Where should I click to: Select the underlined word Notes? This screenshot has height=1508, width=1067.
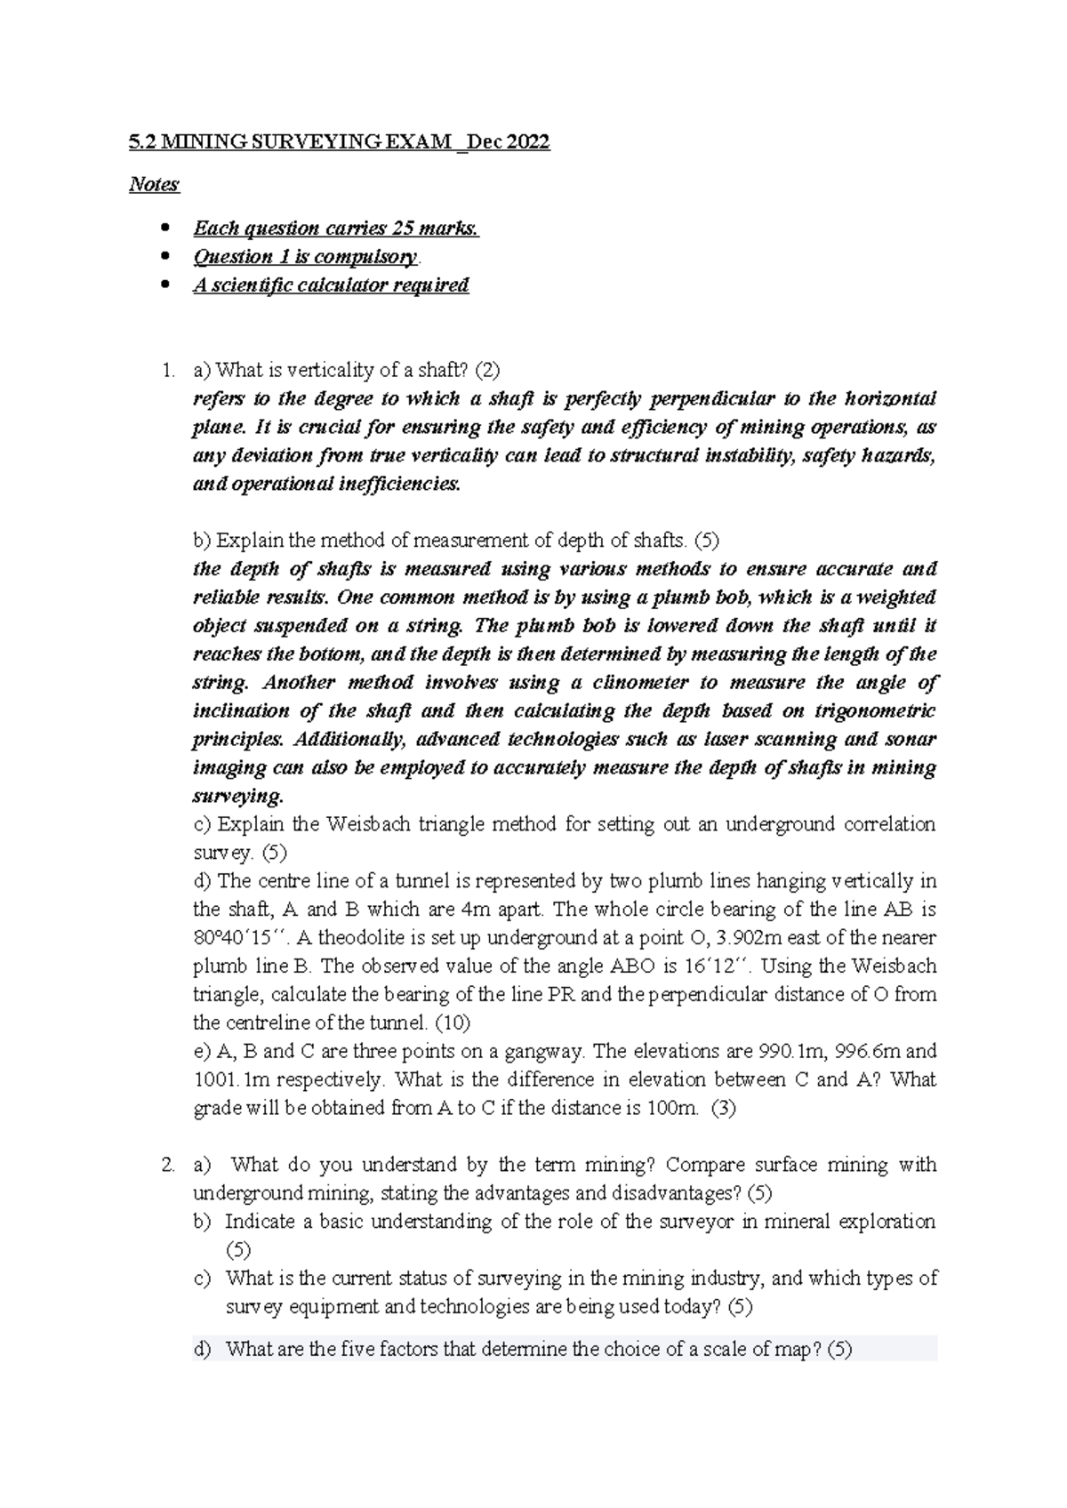154,185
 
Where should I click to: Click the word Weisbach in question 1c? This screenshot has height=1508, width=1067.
377,824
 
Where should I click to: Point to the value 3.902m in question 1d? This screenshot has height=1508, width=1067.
753,938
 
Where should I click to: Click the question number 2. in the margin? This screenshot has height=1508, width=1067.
170,1165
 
